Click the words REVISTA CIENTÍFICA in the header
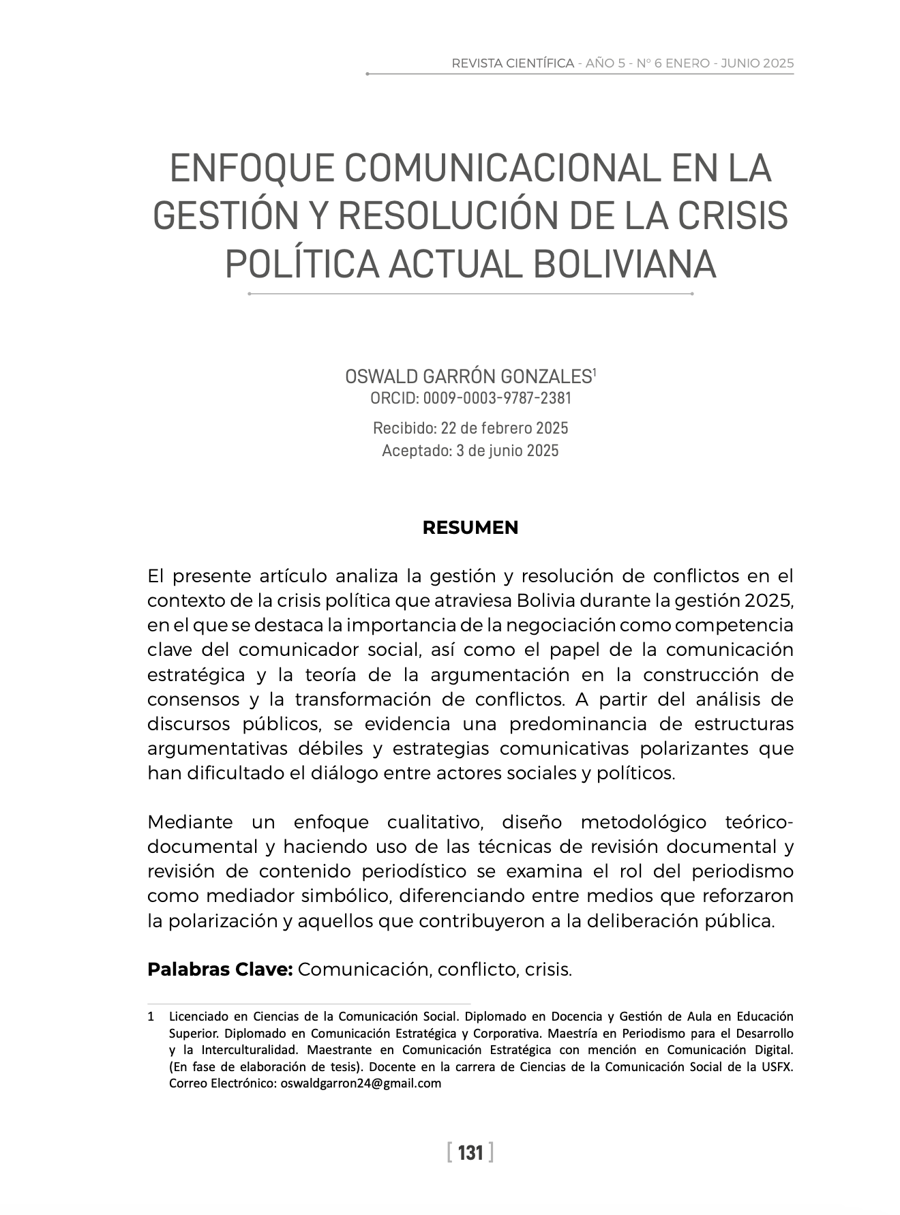tap(513, 63)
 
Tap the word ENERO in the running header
tap(688, 63)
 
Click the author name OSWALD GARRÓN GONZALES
tap(468, 376)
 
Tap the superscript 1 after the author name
tap(595, 372)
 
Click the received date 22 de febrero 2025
tap(505, 428)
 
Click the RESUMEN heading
tap(470, 528)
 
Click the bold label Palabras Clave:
tap(220, 969)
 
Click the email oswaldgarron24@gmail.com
tap(361, 1083)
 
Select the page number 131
tap(470, 1153)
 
